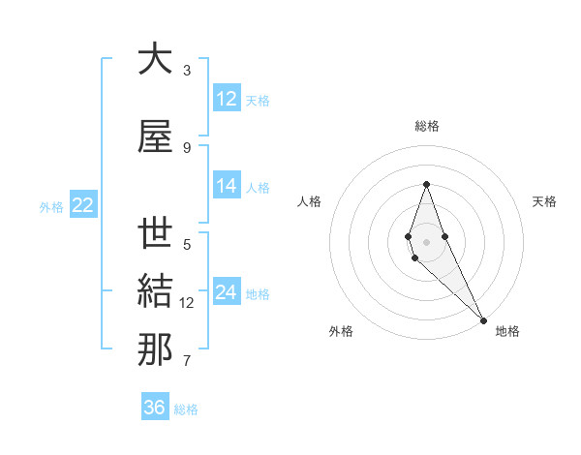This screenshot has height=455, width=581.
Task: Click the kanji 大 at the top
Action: pyautogui.click(x=155, y=60)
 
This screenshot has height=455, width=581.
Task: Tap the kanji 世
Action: pyautogui.click(x=155, y=234)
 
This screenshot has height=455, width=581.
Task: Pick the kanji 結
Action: pyautogui.click(x=155, y=292)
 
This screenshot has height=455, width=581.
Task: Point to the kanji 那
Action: pyautogui.click(x=155, y=350)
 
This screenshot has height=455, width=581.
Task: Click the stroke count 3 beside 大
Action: pyautogui.click(x=187, y=71)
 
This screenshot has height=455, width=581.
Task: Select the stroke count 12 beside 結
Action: pyautogui.click(x=188, y=303)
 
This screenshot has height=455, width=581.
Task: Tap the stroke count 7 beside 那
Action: pyautogui.click(x=187, y=361)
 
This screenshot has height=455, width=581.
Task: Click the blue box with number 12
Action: pyautogui.click(x=227, y=99)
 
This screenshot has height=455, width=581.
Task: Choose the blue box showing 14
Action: pyautogui.click(x=227, y=187)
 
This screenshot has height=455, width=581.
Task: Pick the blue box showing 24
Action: pyautogui.click(x=227, y=292)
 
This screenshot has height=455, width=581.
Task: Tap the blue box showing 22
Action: pyautogui.click(x=83, y=205)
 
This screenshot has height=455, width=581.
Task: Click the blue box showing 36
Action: pyautogui.click(x=155, y=408)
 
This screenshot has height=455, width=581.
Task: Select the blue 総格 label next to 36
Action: pyautogui.click(x=186, y=409)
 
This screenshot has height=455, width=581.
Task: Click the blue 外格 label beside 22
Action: pyautogui.click(x=51, y=206)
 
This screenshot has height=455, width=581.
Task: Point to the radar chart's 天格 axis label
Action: pyautogui.click(x=544, y=201)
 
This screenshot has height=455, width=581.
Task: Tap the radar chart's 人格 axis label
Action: pyautogui.click(x=309, y=201)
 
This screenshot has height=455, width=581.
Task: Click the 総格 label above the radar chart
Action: pyautogui.click(x=426, y=126)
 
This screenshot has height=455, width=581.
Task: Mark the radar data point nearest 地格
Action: pyautogui.click(x=483, y=318)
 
